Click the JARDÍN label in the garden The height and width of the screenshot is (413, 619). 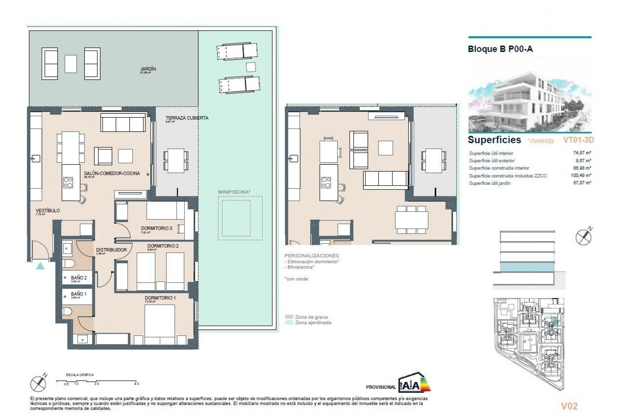[x=148, y=69]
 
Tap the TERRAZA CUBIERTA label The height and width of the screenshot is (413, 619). [x=187, y=118]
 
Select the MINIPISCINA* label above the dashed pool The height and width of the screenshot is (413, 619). [x=234, y=192]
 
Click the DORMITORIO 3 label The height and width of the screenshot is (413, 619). [x=156, y=228]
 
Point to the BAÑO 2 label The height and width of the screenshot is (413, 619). [x=79, y=277]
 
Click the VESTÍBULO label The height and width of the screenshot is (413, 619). [x=48, y=210]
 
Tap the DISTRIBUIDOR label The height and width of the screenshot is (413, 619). [x=111, y=250]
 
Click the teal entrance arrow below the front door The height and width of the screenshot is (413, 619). [x=40, y=266]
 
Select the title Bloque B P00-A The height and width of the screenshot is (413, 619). [x=500, y=49]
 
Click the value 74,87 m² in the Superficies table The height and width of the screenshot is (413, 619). [x=582, y=153]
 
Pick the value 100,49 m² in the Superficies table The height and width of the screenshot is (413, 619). [x=581, y=176]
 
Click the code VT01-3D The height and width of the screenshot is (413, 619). [x=578, y=140]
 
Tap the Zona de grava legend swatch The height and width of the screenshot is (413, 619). [x=289, y=317]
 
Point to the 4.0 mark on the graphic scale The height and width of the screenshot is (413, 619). [x=136, y=384]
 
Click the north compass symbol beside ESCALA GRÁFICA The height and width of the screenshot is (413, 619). [x=38, y=384]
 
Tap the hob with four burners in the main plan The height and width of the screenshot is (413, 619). [x=68, y=182]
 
